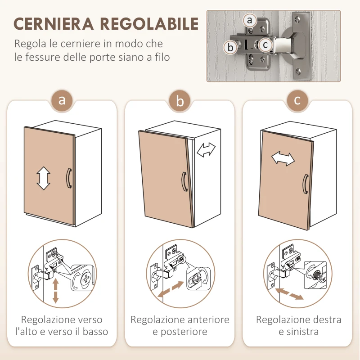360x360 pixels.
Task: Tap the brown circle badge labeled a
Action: (62, 101)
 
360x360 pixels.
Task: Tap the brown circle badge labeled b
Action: (180, 101)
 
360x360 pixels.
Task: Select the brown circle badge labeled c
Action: (297, 101)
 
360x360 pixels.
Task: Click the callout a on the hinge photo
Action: (250, 20)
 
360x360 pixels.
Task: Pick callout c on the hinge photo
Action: (265, 45)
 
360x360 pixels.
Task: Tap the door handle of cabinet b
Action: (184, 182)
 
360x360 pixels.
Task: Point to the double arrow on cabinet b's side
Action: (207, 149)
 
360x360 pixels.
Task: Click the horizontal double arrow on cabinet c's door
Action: (283, 158)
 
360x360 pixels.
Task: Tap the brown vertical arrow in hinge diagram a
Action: (56, 290)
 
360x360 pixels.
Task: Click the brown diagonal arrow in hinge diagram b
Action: (171, 289)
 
